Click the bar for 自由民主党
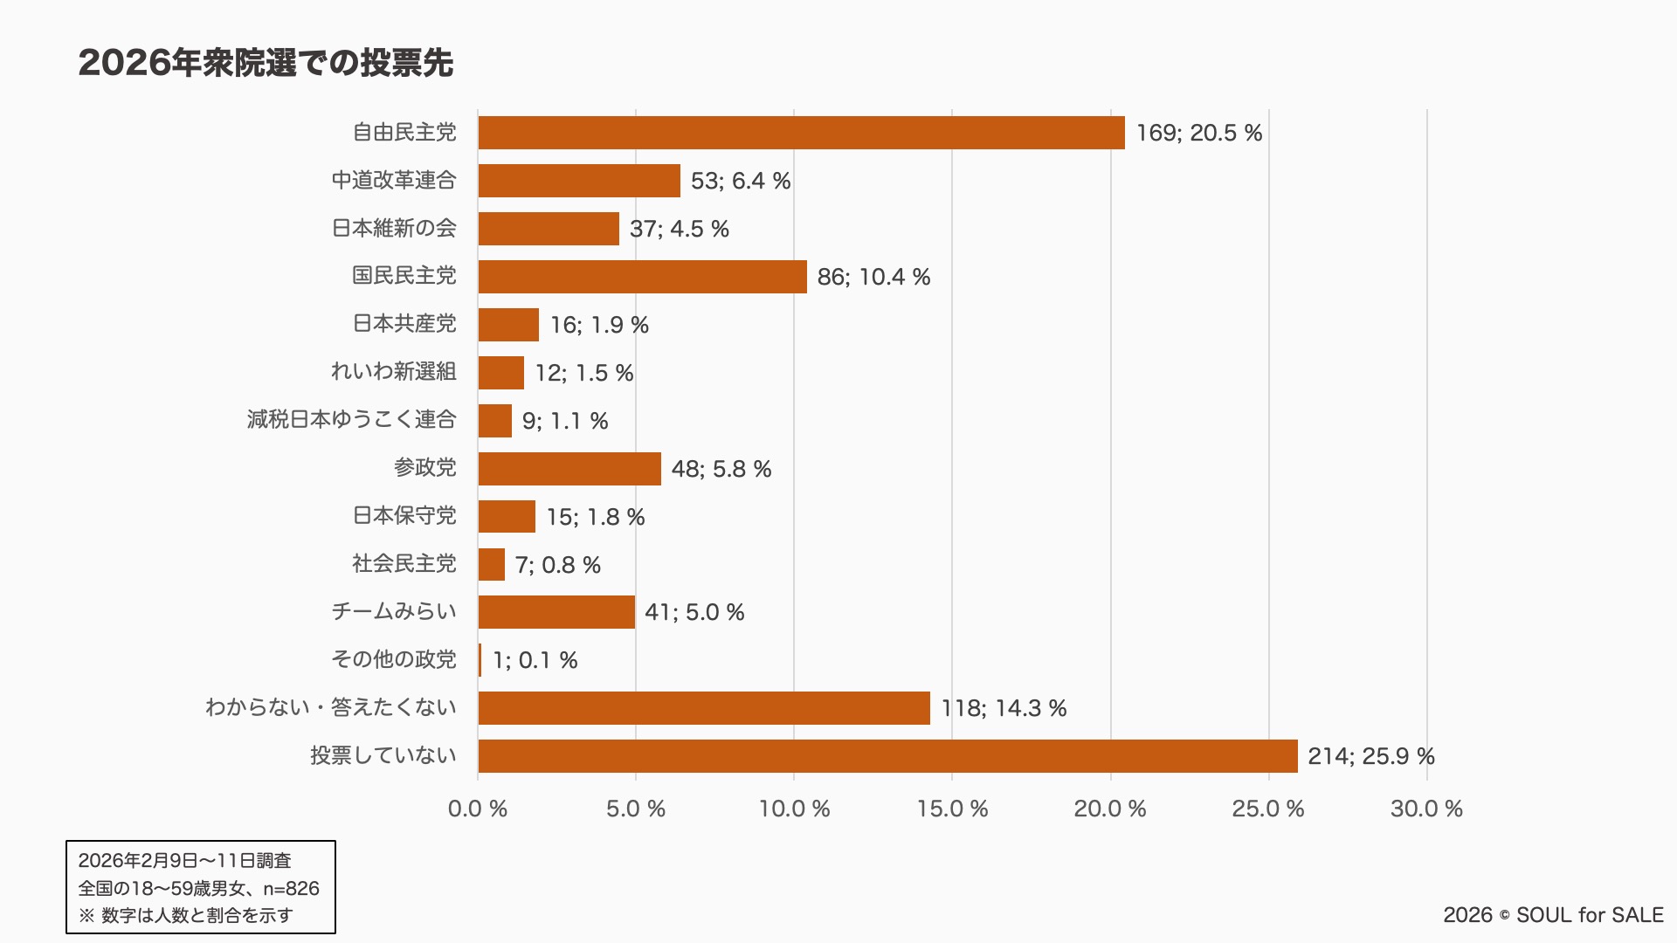801,133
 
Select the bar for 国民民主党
642,277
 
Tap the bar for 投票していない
887,756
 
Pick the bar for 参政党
569,469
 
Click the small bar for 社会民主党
492,565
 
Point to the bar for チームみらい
556,612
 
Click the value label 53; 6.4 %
741,181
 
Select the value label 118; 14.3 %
1004,708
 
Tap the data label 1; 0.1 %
535,660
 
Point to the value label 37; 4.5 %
680,229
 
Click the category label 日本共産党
404,324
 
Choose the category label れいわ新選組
394,372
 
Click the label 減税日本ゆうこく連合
352,420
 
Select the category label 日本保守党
404,516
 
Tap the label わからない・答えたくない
331,707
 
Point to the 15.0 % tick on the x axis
952,809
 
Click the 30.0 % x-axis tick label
1426,809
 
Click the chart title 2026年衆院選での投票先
266,63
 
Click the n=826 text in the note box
291,889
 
